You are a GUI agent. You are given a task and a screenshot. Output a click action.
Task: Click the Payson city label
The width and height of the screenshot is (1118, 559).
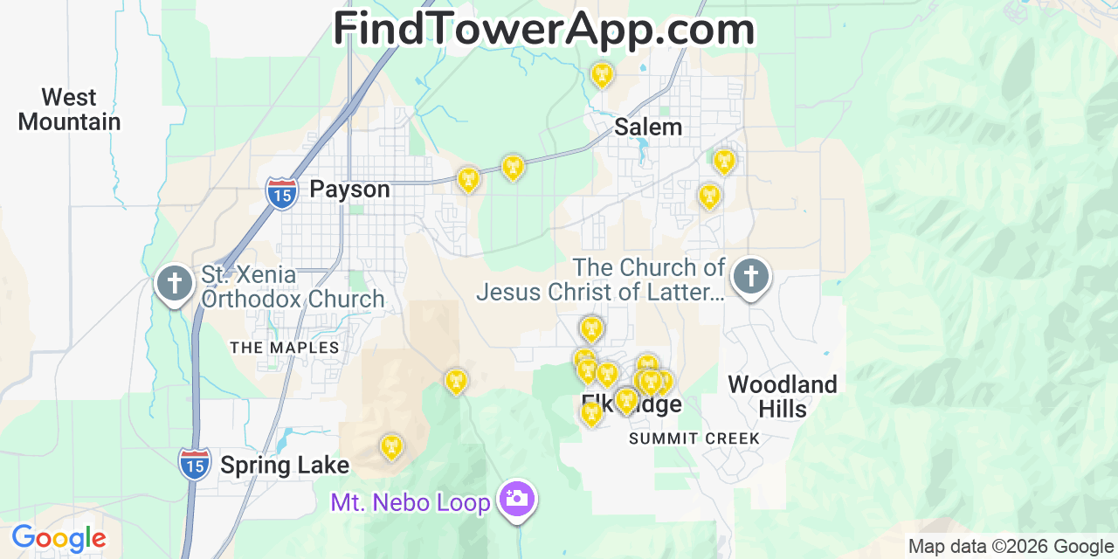pos(349,190)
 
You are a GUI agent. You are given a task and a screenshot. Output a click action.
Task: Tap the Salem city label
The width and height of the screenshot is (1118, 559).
pos(647,127)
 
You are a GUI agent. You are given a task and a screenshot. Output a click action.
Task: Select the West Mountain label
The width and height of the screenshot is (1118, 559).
pos(69,109)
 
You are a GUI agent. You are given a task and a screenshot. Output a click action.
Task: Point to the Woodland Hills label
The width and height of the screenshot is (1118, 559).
pos(782,396)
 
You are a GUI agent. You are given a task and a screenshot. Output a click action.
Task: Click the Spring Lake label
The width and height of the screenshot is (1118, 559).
pos(284,466)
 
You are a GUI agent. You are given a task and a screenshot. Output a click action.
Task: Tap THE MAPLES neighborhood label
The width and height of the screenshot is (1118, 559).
pos(284,348)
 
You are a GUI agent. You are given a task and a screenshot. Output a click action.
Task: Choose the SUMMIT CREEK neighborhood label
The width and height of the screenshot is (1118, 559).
pos(694,438)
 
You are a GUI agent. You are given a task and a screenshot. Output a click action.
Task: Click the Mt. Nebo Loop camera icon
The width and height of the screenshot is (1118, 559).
pos(517,499)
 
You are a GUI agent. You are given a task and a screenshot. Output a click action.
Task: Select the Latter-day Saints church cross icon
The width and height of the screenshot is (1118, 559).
pos(750,276)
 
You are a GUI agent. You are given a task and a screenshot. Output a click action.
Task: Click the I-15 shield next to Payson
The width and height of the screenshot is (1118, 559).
pos(281,193)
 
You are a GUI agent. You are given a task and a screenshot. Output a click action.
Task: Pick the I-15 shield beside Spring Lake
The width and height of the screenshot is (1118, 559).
pos(194,463)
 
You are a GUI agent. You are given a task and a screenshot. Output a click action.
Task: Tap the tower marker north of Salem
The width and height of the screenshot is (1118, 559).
pos(601,74)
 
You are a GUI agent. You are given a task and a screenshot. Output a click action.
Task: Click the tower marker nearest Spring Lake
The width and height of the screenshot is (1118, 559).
pos(391,447)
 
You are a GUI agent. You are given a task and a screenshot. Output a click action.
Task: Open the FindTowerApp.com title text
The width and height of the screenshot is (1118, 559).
pos(543,29)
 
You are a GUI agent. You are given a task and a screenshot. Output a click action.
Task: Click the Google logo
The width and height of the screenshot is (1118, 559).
pos(59,538)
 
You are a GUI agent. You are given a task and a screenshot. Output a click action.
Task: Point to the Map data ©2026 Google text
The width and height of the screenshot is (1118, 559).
pos(1011,547)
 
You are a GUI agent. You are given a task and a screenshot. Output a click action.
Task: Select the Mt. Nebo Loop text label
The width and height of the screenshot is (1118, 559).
pos(411,502)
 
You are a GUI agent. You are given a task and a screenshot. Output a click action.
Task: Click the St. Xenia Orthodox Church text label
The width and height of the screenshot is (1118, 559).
pos(293,286)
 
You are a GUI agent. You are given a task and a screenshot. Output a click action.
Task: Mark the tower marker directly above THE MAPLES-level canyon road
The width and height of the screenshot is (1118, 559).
pos(456,381)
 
